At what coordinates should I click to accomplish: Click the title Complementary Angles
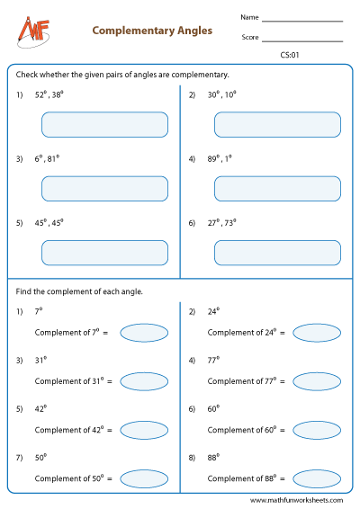(x=152, y=31)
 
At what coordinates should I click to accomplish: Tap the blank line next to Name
(x=302, y=20)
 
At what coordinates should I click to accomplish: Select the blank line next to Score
(x=302, y=40)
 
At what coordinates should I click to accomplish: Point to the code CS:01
(x=290, y=56)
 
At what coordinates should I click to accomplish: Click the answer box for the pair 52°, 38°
(x=104, y=124)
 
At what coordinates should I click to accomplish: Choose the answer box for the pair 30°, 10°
(x=277, y=124)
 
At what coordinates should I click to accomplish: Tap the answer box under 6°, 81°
(x=104, y=188)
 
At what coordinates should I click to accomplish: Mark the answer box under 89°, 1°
(x=277, y=188)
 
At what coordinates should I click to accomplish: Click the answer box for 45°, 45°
(x=104, y=253)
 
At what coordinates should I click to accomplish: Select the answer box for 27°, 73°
(x=277, y=253)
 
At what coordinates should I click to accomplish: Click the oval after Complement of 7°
(x=143, y=333)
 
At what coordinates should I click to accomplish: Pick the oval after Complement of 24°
(x=316, y=333)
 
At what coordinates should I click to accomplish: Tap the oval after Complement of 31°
(x=143, y=381)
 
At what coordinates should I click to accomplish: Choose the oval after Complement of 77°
(x=316, y=381)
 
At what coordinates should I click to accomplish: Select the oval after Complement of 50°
(x=143, y=478)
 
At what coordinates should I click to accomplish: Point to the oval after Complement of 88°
(x=316, y=478)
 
